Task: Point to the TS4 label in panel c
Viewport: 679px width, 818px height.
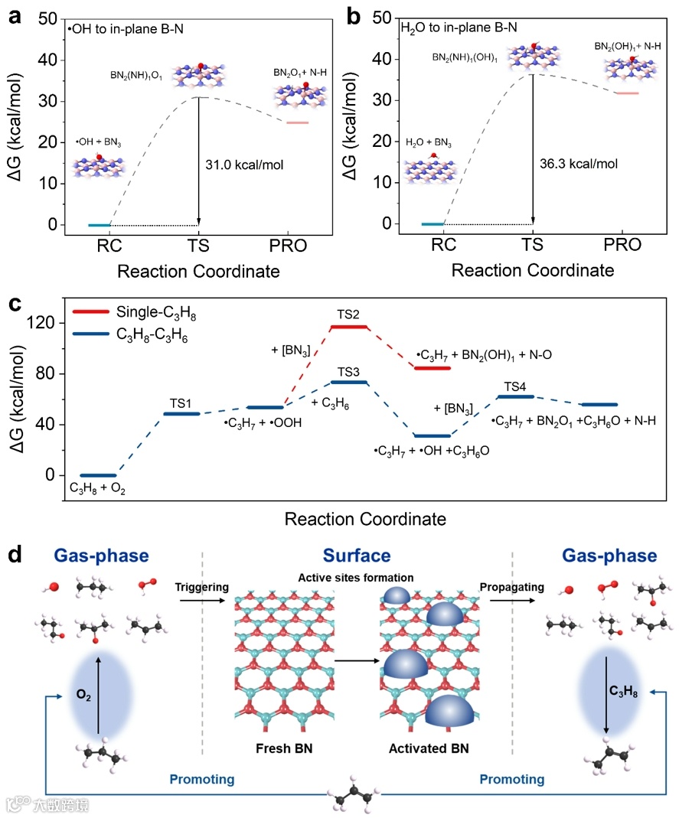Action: [x=515, y=387]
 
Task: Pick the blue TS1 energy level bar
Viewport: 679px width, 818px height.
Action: [x=182, y=414]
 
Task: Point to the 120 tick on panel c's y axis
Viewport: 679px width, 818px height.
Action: [x=52, y=323]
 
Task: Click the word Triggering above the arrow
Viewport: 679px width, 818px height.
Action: [x=204, y=586]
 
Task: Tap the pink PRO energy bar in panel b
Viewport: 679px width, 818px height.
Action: [x=627, y=93]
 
